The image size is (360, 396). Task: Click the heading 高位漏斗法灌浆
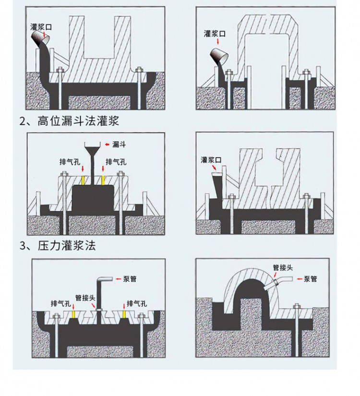click(x=78, y=121)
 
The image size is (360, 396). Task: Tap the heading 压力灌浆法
click(x=67, y=245)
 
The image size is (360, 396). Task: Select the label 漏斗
click(x=119, y=144)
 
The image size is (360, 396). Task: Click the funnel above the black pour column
click(x=92, y=148)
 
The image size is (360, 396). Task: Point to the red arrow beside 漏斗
click(x=108, y=144)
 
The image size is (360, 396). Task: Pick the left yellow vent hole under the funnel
click(x=83, y=180)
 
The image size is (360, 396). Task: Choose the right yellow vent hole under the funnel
click(x=103, y=180)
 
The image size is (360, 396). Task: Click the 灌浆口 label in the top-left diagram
click(x=41, y=27)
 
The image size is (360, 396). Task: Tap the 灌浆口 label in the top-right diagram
click(x=215, y=34)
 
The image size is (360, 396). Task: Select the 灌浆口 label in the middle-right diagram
click(x=211, y=159)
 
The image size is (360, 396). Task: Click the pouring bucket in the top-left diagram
click(x=40, y=37)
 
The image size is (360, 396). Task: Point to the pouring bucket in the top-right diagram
click(x=219, y=56)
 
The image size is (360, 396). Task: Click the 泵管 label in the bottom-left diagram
click(x=130, y=279)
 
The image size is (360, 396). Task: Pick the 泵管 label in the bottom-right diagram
click(x=310, y=279)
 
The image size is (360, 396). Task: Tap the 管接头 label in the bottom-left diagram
click(x=85, y=298)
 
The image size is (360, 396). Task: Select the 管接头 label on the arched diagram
click(x=283, y=267)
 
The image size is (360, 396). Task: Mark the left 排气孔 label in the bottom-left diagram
click(x=61, y=303)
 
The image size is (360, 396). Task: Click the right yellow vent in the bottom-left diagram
click(x=124, y=314)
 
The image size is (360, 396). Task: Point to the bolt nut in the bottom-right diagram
click(x=297, y=307)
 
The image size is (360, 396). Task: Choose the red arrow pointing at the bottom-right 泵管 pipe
click(x=300, y=279)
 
